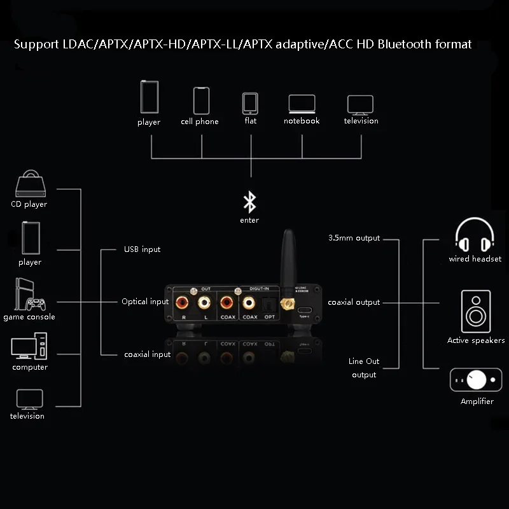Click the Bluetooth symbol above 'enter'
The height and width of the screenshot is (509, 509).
250,203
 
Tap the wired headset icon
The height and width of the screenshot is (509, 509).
475,235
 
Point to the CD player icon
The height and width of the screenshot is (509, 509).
30,184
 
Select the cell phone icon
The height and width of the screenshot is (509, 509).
202,101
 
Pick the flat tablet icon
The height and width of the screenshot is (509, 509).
250,103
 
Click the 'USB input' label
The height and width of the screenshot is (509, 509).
142,249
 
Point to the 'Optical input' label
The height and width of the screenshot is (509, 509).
145,302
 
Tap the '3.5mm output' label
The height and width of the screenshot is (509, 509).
354,238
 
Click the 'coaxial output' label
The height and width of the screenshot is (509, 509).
354,302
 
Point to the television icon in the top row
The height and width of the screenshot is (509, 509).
360,104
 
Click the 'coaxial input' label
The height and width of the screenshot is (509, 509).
147,354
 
